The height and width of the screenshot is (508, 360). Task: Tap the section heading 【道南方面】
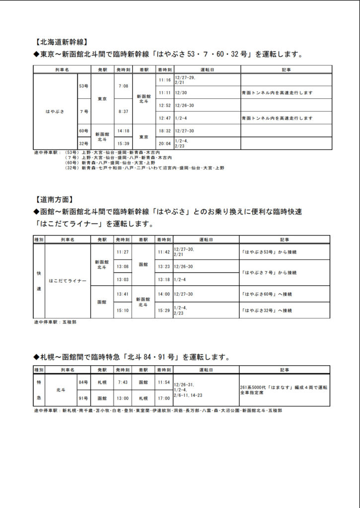click(x=55, y=200)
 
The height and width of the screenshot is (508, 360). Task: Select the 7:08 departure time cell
click(x=123, y=86)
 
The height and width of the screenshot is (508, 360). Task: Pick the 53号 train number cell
click(x=84, y=86)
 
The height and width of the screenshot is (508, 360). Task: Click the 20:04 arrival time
click(x=164, y=143)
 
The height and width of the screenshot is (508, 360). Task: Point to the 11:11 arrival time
click(x=164, y=92)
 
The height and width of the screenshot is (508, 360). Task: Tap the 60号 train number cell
click(x=84, y=131)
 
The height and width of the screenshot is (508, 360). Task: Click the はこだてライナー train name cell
click(x=68, y=281)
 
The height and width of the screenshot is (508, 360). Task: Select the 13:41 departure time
click(x=122, y=294)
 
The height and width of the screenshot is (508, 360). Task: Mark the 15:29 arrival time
click(x=164, y=310)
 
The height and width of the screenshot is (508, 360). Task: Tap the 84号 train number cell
click(x=83, y=382)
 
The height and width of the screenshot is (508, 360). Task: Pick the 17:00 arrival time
click(x=164, y=398)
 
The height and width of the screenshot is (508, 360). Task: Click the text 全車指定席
click(x=251, y=393)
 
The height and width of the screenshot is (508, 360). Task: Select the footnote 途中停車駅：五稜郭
click(x=55, y=322)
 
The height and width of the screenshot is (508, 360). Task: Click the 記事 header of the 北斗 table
click(x=284, y=370)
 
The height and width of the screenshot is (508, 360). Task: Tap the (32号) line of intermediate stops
click(x=144, y=168)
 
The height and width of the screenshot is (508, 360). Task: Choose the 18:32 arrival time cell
click(x=164, y=131)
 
